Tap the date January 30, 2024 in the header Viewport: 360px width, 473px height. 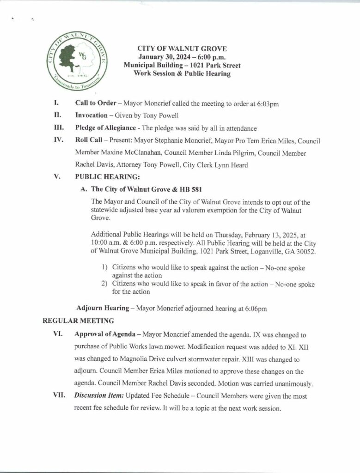click(165, 57)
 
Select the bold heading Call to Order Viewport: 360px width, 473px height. click(96, 102)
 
